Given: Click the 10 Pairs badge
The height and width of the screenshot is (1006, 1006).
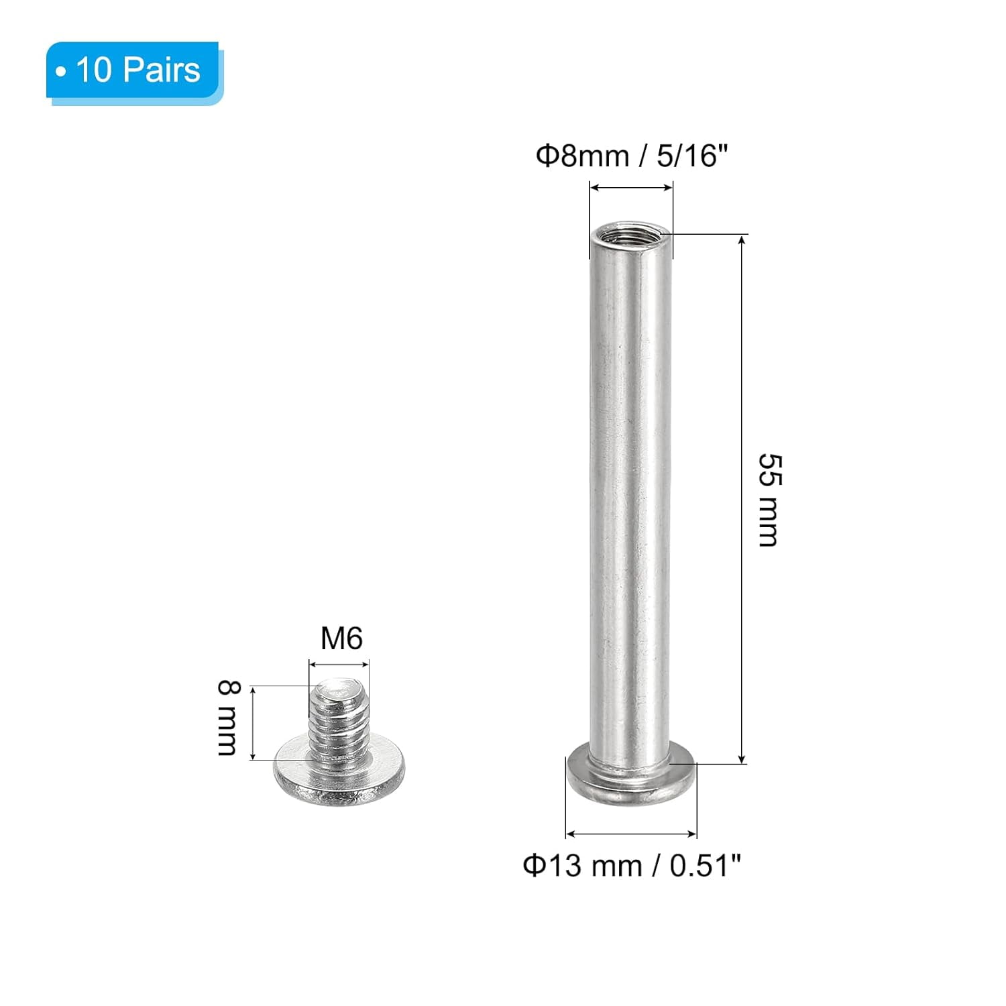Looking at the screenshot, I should coord(134,71).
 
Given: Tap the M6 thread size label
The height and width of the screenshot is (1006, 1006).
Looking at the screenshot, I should coord(341,638).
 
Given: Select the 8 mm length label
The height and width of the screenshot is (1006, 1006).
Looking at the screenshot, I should coord(228,718).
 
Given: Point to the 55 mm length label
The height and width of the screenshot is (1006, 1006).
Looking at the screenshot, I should coord(769,500).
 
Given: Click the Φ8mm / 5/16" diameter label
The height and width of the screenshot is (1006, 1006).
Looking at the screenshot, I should coord(631,156).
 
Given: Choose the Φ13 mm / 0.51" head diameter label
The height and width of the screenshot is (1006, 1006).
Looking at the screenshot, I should coord(631,866).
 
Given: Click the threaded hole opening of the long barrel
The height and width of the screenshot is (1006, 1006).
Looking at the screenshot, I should coord(631,237).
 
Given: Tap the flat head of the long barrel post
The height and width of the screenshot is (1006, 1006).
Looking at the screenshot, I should coord(631,778).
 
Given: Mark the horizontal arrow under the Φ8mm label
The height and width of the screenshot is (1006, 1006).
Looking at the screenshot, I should coord(631,188).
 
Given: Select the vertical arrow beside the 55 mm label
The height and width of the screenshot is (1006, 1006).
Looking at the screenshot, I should coord(742,500).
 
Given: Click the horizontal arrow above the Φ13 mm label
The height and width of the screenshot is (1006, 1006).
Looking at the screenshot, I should coord(631,834).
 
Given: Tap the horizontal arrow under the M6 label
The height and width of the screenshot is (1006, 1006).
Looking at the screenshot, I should coord(339,665).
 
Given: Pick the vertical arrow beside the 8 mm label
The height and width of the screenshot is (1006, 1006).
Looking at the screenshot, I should coord(253,722).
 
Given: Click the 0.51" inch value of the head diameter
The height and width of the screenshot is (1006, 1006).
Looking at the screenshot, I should coord(705,866).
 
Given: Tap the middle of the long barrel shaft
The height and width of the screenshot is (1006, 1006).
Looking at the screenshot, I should coord(631,500).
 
